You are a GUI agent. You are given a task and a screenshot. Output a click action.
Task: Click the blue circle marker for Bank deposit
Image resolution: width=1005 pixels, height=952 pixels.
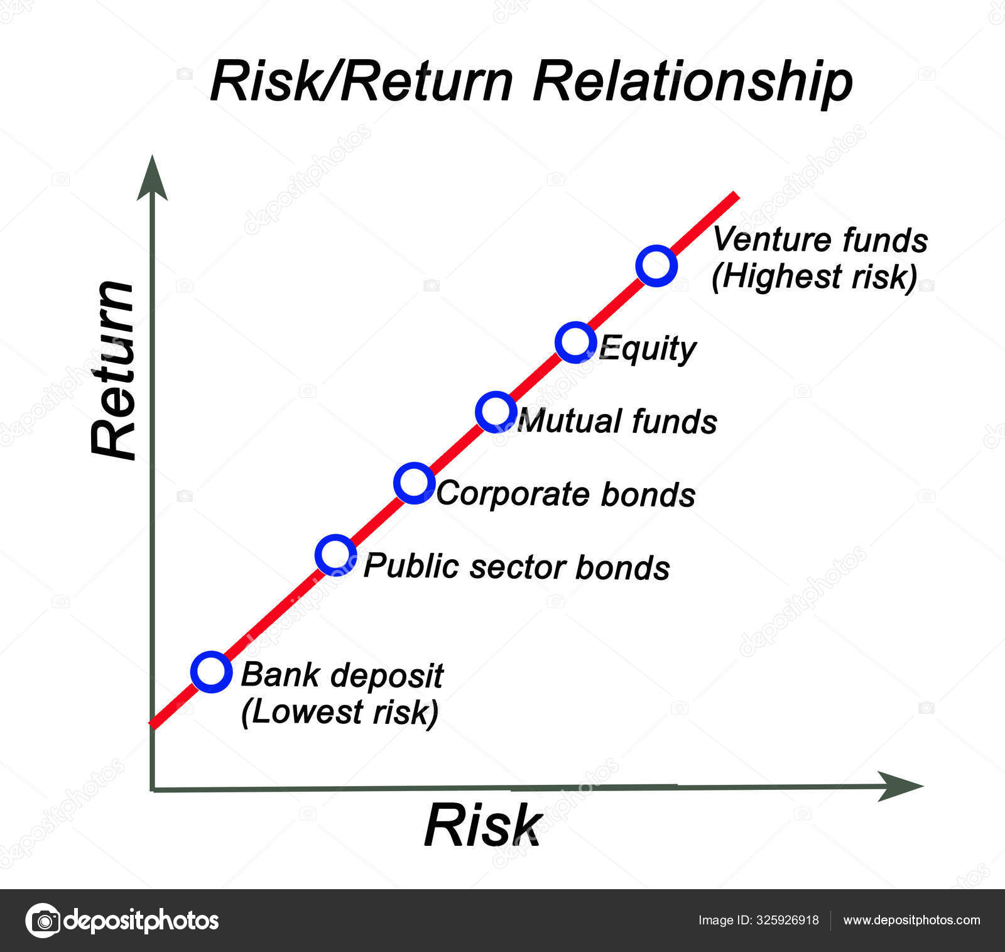pos(211,671)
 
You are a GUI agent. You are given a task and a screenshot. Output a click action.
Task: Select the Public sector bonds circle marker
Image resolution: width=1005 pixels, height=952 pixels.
pos(335,555)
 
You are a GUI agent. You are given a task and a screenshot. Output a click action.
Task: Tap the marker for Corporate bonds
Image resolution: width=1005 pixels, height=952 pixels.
pos(414,483)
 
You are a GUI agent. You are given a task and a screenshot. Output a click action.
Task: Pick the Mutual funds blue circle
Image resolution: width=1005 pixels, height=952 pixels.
pos(496,412)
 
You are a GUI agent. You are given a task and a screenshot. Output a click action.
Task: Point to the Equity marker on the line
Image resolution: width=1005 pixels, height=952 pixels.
pos(575,342)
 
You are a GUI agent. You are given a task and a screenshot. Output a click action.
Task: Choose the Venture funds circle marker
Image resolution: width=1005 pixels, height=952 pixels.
pos(656,265)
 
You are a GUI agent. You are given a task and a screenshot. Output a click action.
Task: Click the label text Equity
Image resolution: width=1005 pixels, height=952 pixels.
pos(647,349)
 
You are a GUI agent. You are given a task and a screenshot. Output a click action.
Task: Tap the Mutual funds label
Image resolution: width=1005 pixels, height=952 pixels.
pos(617,421)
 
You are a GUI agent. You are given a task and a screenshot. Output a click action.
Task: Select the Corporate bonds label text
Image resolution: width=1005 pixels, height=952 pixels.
pos(565,494)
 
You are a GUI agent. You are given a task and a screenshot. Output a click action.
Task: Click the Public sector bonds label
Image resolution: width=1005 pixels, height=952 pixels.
pos(516,567)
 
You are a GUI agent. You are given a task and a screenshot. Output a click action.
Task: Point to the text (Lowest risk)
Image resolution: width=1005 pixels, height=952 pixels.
pos(339,712)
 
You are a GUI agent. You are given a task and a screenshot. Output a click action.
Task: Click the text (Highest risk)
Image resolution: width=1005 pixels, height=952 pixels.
pos(815,276)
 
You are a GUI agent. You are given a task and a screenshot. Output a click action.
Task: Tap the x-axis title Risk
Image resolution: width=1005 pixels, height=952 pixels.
pos(482,826)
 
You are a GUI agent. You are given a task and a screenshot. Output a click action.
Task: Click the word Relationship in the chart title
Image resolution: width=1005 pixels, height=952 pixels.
pos(693,82)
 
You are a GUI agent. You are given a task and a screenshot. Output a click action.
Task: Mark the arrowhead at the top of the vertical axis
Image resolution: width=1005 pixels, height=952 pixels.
pos(152,179)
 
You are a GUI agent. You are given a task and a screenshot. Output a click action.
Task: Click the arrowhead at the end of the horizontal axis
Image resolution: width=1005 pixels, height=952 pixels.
pos(901,786)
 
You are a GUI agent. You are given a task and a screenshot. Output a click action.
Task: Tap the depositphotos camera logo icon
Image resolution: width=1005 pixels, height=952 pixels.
pos(43,921)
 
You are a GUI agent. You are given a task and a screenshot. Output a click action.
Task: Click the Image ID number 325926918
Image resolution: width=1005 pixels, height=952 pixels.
pos(787,921)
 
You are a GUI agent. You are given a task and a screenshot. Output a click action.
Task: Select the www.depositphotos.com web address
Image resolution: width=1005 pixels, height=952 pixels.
pos(911,921)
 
